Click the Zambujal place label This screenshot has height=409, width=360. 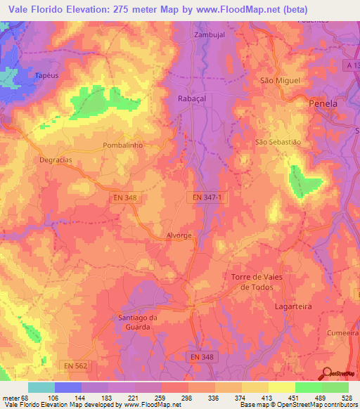pyautogui.click(x=210, y=34)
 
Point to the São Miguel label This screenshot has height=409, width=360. pyautogui.click(x=280, y=81)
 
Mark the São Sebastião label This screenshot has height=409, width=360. pyautogui.click(x=277, y=142)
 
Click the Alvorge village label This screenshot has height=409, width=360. pyautogui.click(x=179, y=236)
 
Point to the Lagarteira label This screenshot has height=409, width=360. pyautogui.click(x=293, y=307)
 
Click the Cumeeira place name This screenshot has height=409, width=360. pyautogui.click(x=342, y=332)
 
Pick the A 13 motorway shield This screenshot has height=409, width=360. pyautogui.click(x=352, y=65)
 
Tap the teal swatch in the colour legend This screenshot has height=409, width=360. pyautogui.click(x=41, y=387)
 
